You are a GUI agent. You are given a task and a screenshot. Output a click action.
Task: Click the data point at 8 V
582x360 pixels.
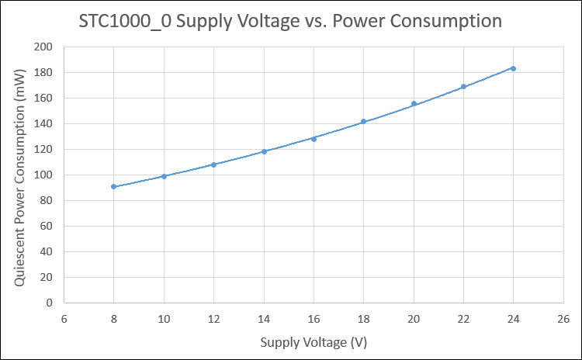click(x=113, y=186)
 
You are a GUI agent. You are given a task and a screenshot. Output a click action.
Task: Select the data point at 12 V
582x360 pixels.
click(x=214, y=164)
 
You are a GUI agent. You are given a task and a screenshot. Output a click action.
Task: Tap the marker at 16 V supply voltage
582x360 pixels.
click(x=314, y=139)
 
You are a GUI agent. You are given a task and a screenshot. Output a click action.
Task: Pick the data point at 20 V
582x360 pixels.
click(x=414, y=103)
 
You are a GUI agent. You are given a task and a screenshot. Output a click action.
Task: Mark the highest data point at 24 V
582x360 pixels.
click(x=514, y=68)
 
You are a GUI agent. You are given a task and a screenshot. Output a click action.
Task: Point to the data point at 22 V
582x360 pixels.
click(x=463, y=86)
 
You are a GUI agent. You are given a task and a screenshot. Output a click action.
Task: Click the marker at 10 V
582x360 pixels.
click(x=164, y=176)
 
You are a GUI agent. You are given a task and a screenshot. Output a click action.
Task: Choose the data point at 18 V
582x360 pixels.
click(x=363, y=121)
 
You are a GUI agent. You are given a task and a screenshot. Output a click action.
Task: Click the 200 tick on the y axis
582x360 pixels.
click(x=43, y=47)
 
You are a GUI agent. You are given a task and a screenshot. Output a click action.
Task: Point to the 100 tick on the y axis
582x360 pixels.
click(x=43, y=175)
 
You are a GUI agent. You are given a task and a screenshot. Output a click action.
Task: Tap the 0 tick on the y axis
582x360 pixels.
click(x=50, y=303)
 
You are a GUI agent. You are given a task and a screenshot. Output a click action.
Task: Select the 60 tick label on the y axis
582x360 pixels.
click(x=47, y=226)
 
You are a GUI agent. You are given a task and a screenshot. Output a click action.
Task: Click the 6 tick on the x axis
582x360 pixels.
click(x=64, y=319)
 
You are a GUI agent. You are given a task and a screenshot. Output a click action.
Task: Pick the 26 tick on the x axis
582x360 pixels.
click(x=563, y=319)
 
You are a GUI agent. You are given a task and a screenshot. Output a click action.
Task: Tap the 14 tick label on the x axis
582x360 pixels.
click(x=264, y=319)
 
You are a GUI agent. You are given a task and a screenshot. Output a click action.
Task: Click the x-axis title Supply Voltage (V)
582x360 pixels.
click(x=314, y=342)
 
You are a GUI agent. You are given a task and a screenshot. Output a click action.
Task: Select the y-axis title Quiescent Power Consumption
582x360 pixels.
click(x=19, y=178)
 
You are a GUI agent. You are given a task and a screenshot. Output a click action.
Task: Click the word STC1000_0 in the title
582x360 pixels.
click(x=125, y=21)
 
